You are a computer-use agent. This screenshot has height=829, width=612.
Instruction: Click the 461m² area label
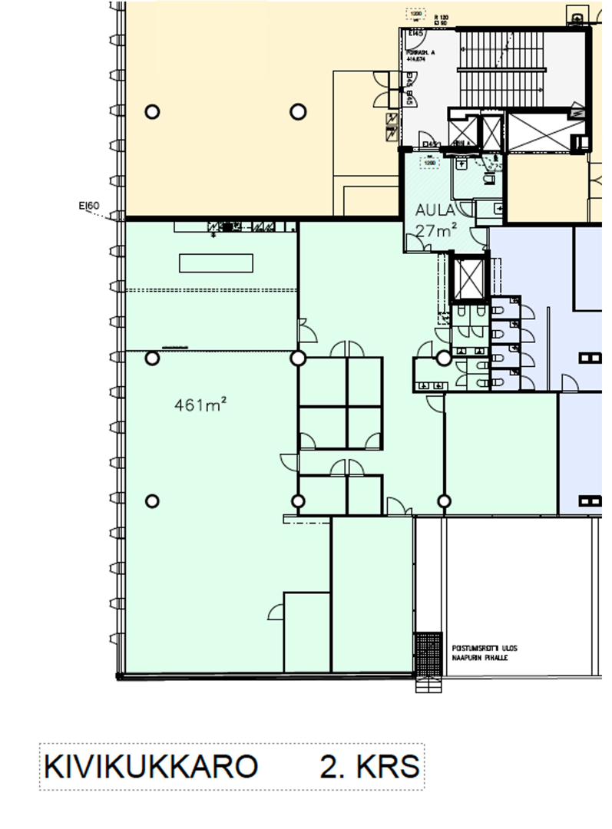point(201,405)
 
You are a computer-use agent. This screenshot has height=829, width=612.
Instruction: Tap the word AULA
point(435,210)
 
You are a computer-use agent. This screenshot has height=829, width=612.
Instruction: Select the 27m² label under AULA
point(437,229)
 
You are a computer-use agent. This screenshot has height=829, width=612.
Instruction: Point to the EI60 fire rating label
point(89,206)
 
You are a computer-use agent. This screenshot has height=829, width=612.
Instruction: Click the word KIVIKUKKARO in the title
point(151,767)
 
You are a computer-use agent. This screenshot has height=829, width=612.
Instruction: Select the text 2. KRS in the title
point(369,767)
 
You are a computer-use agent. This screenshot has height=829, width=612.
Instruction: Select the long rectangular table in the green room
point(216,263)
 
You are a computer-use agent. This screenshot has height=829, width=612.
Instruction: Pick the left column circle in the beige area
point(152,112)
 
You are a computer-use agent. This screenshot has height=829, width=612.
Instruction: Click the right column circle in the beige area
point(298,112)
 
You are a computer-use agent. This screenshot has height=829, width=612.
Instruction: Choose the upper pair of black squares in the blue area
point(590,358)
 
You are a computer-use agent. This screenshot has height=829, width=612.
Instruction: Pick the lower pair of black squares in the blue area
point(590,501)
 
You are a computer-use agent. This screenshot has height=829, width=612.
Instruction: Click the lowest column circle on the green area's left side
point(152,501)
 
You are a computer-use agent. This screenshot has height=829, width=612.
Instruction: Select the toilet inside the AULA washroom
point(488,178)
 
